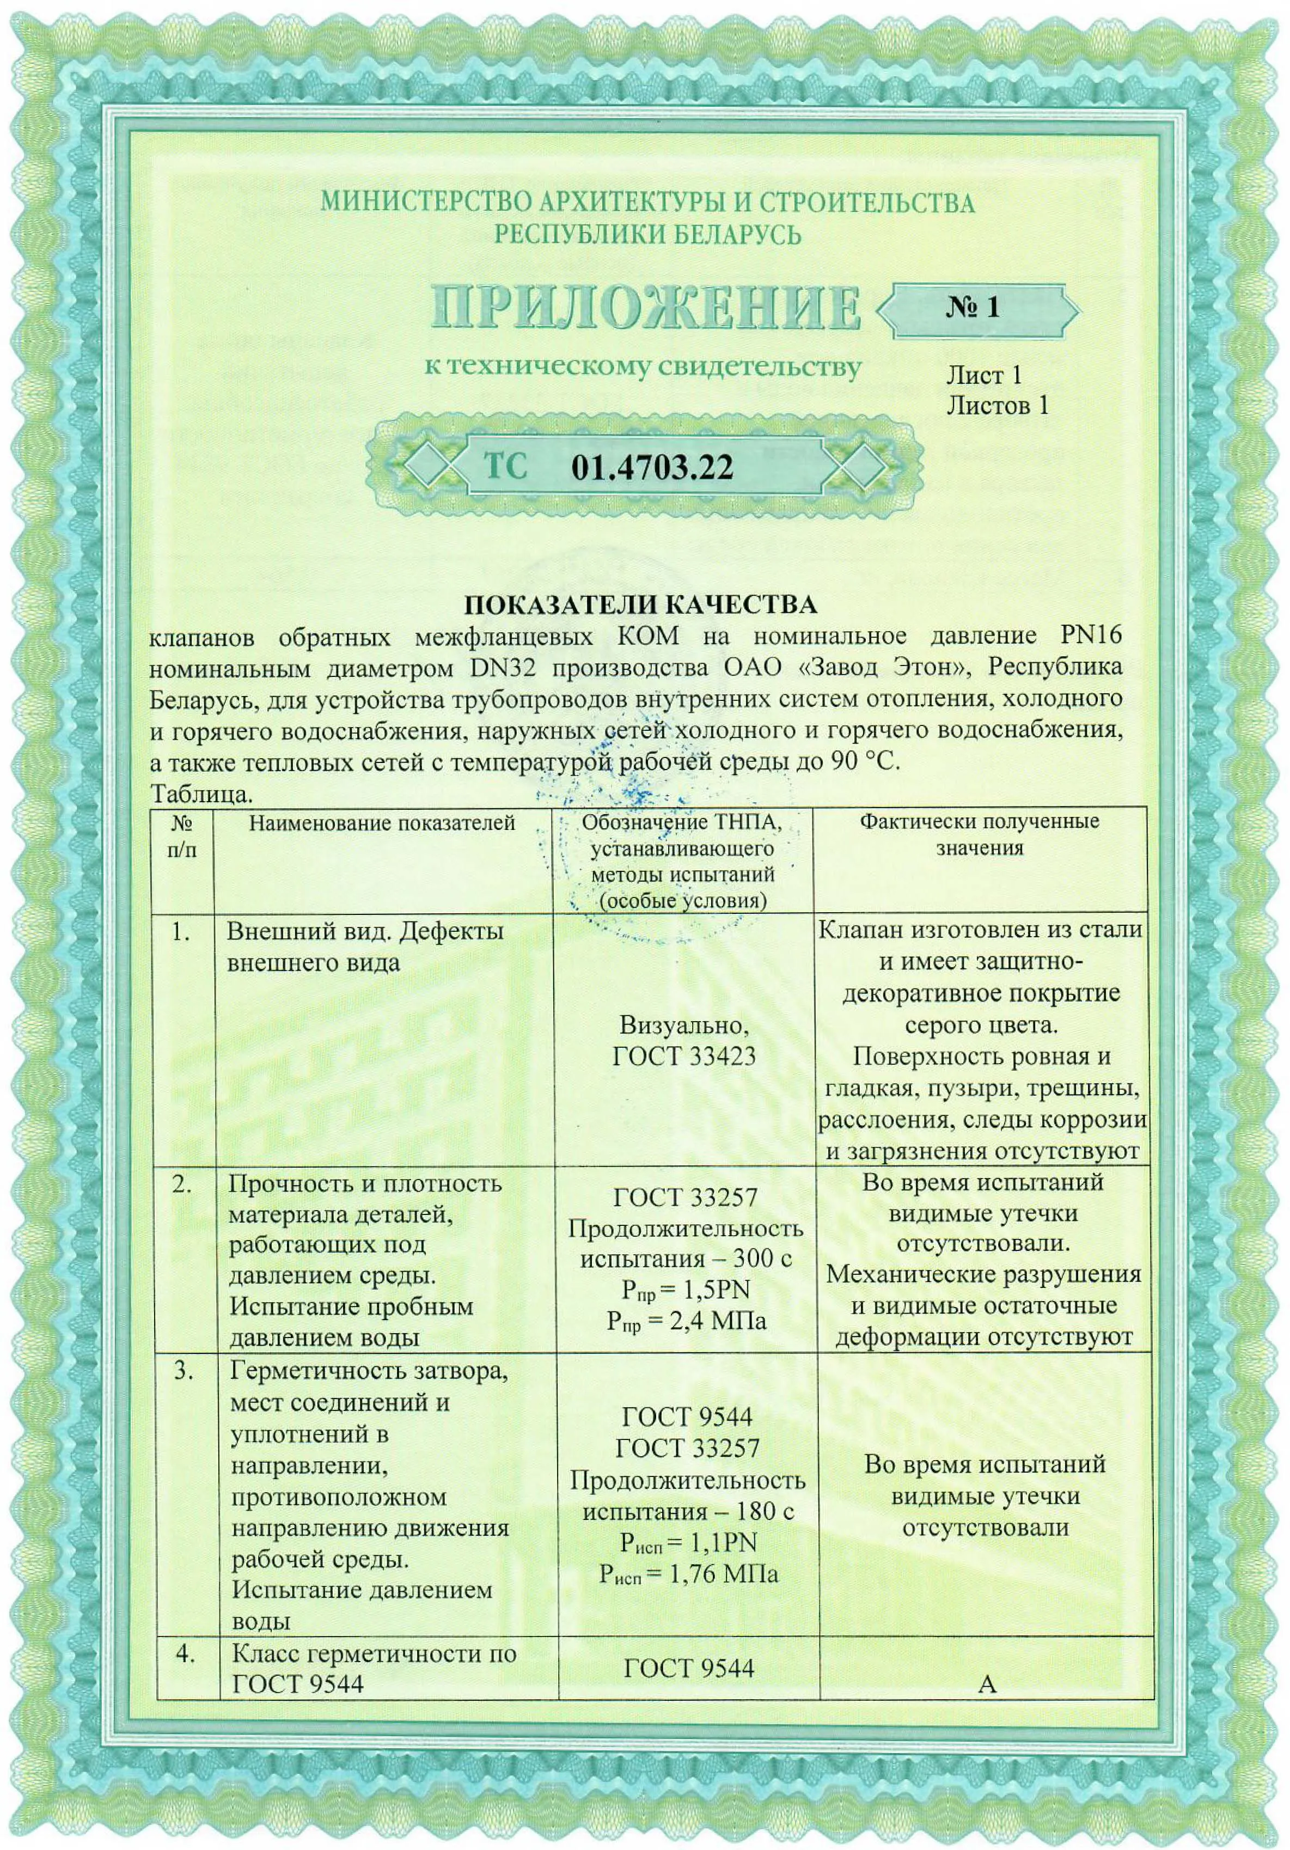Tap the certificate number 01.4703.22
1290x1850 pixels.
pyautogui.click(x=652, y=467)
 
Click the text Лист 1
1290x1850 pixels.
pyautogui.click(x=984, y=375)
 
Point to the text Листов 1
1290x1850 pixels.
pyautogui.click(x=998, y=405)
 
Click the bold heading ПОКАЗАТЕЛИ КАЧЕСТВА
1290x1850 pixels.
pyautogui.click(x=640, y=605)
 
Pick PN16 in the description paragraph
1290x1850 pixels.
pyautogui.click(x=1091, y=636)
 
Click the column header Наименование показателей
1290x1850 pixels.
pyautogui.click(x=382, y=823)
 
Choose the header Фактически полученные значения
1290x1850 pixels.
pyautogui.click(x=979, y=835)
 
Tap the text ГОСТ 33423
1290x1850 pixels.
pyautogui.click(x=684, y=1057)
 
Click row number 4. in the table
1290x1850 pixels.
pyautogui.click(x=185, y=1653)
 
